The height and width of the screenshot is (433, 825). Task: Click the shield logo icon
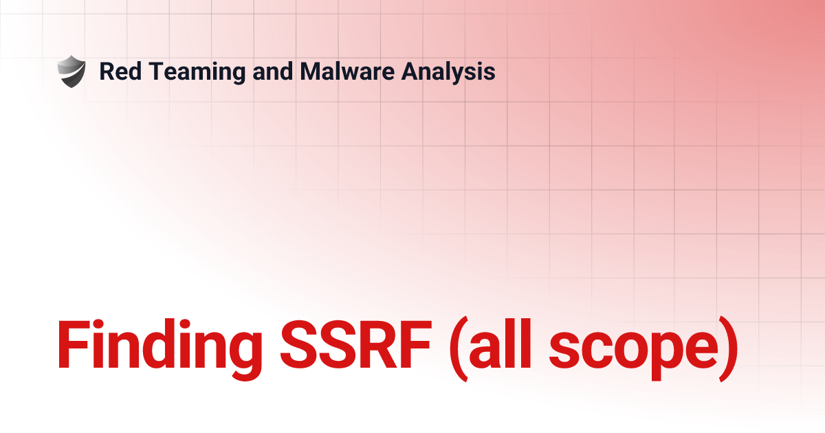pos(71,71)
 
